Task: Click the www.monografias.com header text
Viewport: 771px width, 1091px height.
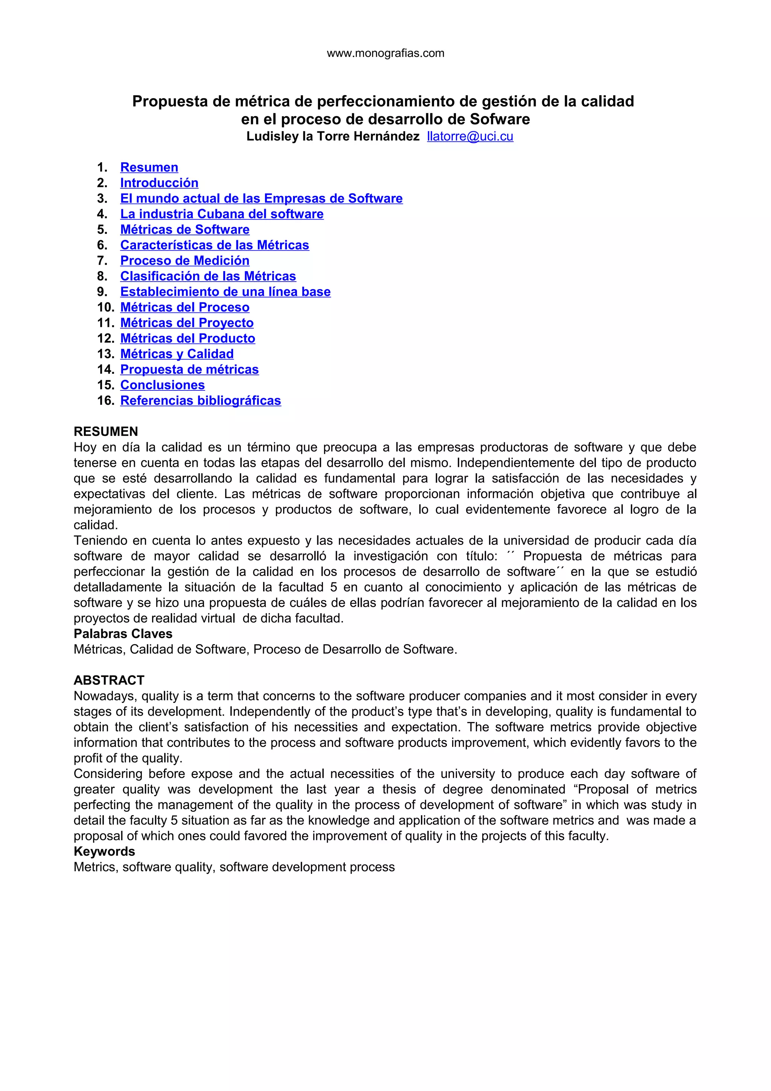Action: click(385, 53)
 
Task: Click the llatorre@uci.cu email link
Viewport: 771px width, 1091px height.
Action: click(470, 136)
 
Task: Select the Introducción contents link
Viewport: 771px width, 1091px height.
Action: click(159, 183)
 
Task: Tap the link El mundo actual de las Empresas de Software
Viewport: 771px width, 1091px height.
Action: click(261, 199)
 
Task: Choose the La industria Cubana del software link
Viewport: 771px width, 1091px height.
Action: click(222, 214)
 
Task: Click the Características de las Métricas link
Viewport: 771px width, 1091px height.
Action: click(215, 245)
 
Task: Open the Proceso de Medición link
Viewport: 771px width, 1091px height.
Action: click(185, 261)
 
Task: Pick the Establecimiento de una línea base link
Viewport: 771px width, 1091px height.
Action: click(225, 292)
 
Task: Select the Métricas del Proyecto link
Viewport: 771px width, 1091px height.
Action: click(187, 323)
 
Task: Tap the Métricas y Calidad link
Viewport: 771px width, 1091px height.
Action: click(177, 354)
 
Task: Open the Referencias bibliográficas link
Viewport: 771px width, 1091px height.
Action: click(201, 401)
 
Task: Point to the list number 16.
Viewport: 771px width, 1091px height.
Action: click(105, 401)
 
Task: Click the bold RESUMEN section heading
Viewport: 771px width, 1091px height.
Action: click(106, 431)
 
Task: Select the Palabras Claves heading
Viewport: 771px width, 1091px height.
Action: click(123, 634)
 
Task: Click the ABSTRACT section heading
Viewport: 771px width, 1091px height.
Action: click(109, 680)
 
